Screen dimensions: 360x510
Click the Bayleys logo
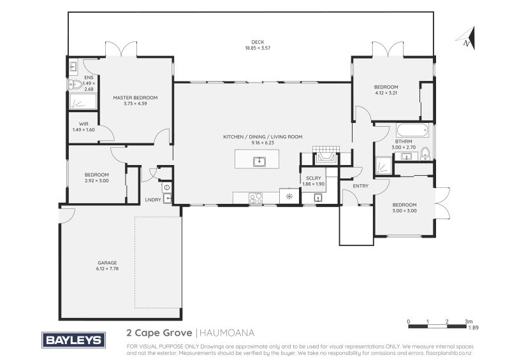[72, 340]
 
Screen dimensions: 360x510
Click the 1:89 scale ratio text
[473, 328]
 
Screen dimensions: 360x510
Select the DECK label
[258, 42]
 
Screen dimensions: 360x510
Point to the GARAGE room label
[107, 263]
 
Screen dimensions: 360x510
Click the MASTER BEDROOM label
[135, 97]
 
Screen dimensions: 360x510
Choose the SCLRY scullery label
[313, 178]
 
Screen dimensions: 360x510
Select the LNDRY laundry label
[153, 200]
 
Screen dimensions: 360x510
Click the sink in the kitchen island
[259, 161]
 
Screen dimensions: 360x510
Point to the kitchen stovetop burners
[257, 198]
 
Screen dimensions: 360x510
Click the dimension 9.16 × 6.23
[262, 143]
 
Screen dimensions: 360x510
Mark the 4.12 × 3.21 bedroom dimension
[386, 93]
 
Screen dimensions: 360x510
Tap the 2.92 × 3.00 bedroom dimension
[97, 180]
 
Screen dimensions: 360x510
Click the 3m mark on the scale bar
[469, 321]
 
